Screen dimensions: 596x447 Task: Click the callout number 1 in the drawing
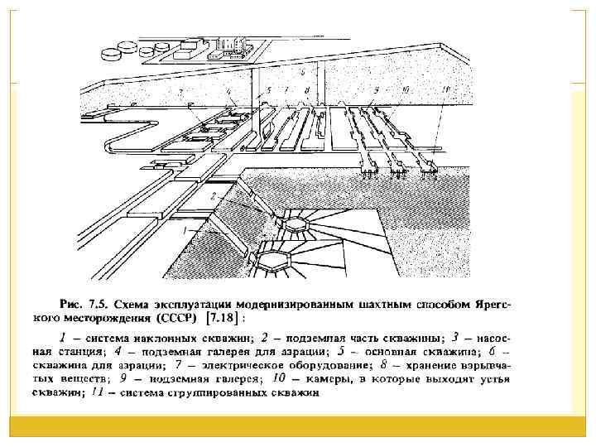(188, 226)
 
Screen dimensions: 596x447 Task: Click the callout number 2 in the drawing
(213, 196)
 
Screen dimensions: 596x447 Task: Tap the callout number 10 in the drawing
(404, 88)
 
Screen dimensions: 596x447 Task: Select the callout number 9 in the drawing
(375, 88)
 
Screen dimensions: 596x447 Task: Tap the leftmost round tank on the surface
(111, 54)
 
